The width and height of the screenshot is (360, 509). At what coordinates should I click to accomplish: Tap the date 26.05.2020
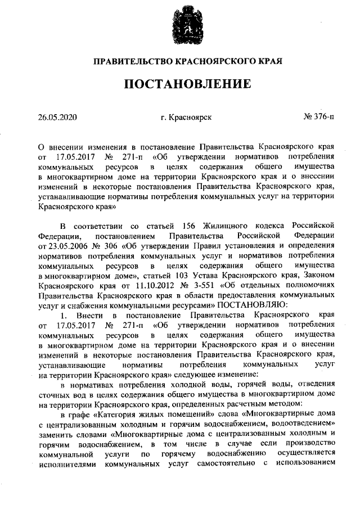point(56,118)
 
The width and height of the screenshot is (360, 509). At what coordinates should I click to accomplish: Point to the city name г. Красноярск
point(186,118)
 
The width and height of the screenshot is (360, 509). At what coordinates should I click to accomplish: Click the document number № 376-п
point(319,118)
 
